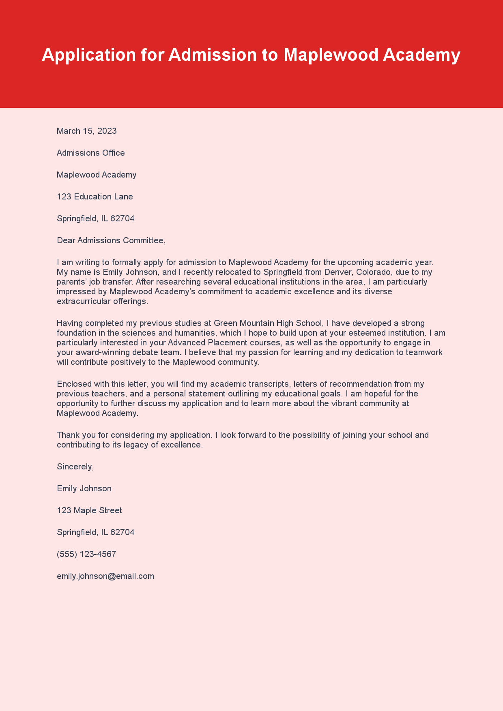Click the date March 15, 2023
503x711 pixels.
pos(86,131)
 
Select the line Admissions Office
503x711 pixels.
pos(90,153)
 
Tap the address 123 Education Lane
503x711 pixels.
pos(95,197)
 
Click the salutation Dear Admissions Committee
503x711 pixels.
pos(111,240)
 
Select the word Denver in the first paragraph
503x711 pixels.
pos(337,272)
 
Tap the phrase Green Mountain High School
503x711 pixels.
pos(268,323)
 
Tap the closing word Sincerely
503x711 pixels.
pos(75,467)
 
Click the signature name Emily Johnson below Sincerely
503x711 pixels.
pos(84,488)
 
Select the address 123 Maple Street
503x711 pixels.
pos(89,510)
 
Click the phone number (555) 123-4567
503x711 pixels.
pos(86,554)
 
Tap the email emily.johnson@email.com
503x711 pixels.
pos(105,576)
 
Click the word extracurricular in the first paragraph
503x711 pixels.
pos(83,301)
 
